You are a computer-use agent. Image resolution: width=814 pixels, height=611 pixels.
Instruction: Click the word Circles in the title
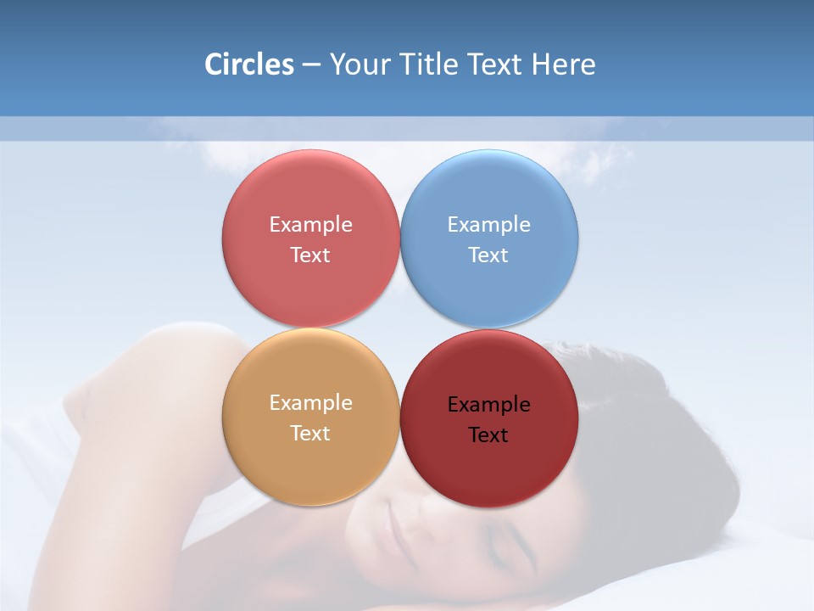[x=249, y=64]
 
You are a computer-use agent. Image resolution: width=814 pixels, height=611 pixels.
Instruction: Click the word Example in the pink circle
[x=310, y=225]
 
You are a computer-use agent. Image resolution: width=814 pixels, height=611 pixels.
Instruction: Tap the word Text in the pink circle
[x=310, y=255]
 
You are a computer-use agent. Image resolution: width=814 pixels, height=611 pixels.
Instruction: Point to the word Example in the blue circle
[x=488, y=225]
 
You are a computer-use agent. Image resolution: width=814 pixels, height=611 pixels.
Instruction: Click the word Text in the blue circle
[x=488, y=255]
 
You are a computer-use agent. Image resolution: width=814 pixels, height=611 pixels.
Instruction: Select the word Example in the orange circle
[x=310, y=403]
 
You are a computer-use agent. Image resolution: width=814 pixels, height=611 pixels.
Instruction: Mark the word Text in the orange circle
[x=310, y=434]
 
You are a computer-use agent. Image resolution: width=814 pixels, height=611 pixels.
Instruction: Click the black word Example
[x=488, y=405]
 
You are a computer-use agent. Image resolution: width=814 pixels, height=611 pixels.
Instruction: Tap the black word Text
[x=488, y=435]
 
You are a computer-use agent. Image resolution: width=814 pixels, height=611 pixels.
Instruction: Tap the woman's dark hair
[x=644, y=424]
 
